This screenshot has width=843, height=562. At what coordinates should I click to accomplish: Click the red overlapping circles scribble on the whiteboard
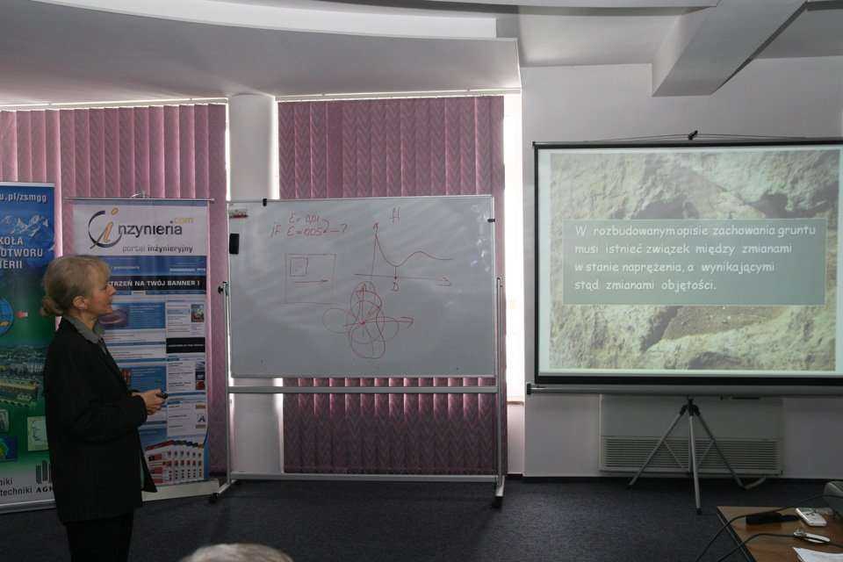[366, 320]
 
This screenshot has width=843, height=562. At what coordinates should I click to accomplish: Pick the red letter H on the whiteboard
[394, 214]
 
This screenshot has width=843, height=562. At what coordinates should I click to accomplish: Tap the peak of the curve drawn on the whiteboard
[376, 230]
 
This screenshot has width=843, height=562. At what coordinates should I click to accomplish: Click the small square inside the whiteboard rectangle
[299, 266]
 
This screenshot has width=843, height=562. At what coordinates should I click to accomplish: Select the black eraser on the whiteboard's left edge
[234, 243]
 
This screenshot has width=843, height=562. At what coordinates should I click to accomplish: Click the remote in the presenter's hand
[161, 395]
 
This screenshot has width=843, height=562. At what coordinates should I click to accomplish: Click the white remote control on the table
[811, 516]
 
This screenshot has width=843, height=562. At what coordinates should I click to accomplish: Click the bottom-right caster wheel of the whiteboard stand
[498, 501]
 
